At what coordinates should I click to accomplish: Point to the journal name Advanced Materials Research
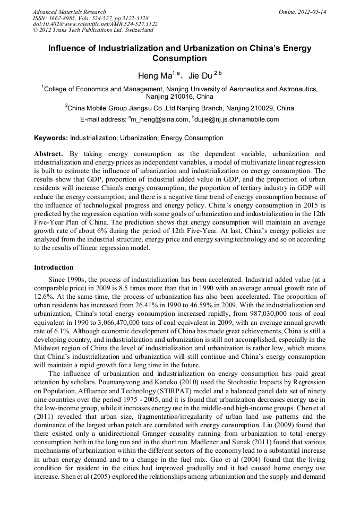point(69,12)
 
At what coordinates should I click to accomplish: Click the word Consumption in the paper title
point(179,58)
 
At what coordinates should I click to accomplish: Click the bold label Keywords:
point(51,138)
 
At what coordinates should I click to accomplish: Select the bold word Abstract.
point(48,153)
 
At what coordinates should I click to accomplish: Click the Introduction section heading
point(54,267)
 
